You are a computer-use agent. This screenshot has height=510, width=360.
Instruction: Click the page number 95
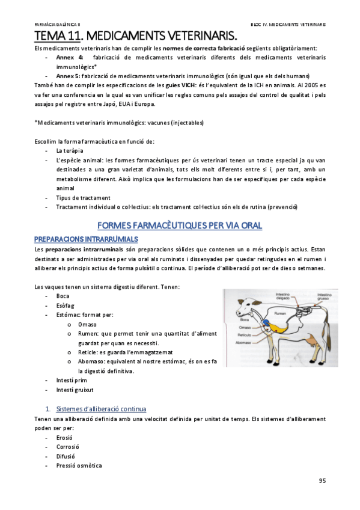[321, 481]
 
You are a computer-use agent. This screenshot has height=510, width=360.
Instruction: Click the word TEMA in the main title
[50, 35]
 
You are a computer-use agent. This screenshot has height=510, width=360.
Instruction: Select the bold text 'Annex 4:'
[69, 57]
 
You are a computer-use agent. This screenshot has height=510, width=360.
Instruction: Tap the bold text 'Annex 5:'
[69, 76]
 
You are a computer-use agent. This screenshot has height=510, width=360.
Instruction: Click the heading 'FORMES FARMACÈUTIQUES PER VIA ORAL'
[180, 226]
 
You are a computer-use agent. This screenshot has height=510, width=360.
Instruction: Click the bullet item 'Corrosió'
[67, 447]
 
